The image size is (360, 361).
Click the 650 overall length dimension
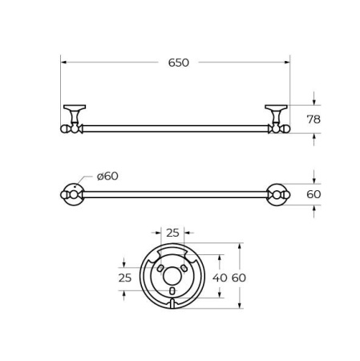[178, 63]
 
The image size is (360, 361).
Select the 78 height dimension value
[313, 120]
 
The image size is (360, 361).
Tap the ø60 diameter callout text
[107, 176]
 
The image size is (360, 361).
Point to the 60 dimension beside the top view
[313, 194]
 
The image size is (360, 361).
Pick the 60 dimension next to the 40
[239, 278]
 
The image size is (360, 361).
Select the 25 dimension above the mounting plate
[172, 233]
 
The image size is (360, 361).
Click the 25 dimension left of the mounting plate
[124, 278]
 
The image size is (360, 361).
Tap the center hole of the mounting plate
[172, 276]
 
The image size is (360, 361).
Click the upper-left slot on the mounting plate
[160, 267]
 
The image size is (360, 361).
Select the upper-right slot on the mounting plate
[184, 267]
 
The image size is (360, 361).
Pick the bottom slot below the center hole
[172, 290]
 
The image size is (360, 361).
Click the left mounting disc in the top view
[71, 194]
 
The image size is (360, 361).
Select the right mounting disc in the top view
[278, 194]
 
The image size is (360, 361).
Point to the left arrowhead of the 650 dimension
[64, 62]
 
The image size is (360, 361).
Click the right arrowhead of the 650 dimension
[286, 62]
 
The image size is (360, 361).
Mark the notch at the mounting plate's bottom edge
[172, 304]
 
